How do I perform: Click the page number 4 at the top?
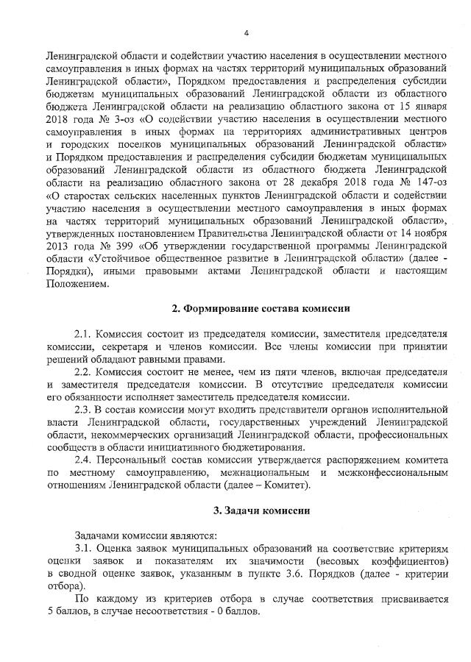click(247, 32)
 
